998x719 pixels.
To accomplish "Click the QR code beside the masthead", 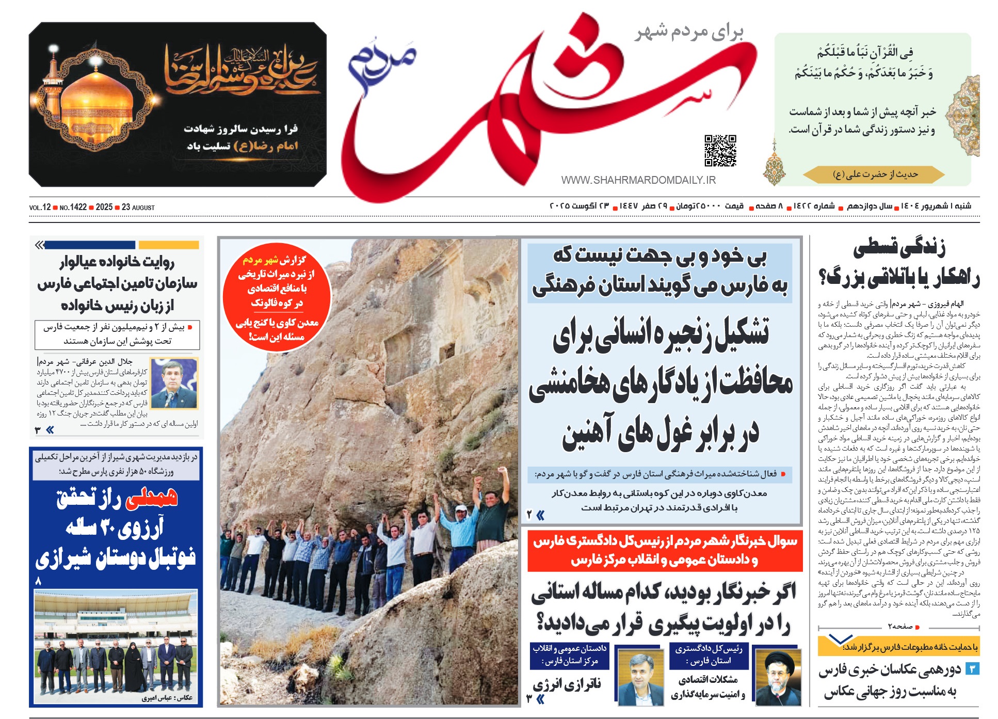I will (x=720, y=151).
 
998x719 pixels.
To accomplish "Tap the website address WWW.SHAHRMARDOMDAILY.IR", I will (x=638, y=180).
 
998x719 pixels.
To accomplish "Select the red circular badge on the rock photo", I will (x=277, y=296).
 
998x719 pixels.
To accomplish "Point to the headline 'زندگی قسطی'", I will (x=899, y=248).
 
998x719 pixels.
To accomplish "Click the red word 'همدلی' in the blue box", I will (x=152, y=498).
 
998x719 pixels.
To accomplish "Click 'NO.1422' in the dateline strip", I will (x=73, y=207).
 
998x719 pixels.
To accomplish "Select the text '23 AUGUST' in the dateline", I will (x=138, y=207).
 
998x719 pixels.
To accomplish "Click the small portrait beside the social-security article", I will (x=173, y=383).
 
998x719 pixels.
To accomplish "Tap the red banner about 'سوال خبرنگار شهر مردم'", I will (x=665, y=550).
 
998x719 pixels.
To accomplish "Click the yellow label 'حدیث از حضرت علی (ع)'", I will (x=875, y=174).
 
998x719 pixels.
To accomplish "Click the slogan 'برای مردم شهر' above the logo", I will (x=689, y=33).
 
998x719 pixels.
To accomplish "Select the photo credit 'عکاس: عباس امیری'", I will (x=167, y=698).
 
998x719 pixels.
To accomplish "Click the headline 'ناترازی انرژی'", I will (x=567, y=684).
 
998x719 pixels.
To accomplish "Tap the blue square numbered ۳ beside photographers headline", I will (x=972, y=669).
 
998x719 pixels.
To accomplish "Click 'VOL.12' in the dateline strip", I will (x=40, y=207).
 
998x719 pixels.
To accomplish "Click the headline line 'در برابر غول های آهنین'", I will (x=661, y=433).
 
